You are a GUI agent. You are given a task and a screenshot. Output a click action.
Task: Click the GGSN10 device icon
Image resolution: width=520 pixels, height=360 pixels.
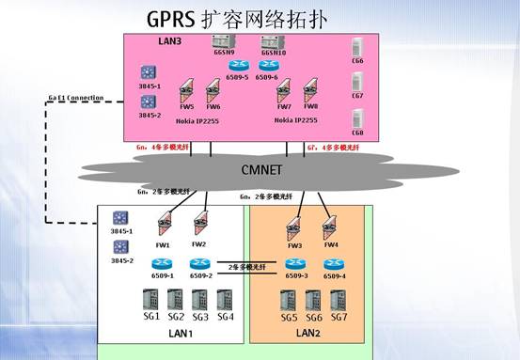(x=272, y=42)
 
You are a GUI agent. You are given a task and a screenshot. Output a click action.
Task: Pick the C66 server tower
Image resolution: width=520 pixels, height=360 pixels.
(x=357, y=48)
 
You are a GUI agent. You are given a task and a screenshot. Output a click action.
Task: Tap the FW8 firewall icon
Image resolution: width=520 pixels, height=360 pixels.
(x=310, y=93)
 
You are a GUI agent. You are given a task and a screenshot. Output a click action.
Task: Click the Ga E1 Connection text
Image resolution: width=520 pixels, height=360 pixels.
(x=75, y=98)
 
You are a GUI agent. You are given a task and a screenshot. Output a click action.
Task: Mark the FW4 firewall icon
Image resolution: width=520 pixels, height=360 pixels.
(x=330, y=226)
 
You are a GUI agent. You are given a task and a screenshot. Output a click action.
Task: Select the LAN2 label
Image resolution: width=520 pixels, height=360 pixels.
(x=309, y=334)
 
